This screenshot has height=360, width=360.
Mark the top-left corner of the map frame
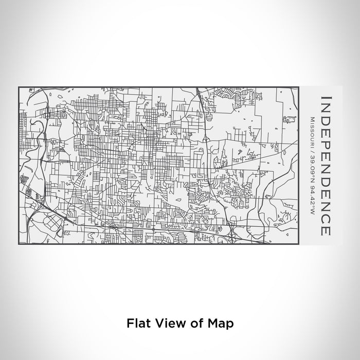(19, 87)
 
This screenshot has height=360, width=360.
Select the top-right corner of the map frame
(298, 87)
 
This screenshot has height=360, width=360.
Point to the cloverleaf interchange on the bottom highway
(232, 236)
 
